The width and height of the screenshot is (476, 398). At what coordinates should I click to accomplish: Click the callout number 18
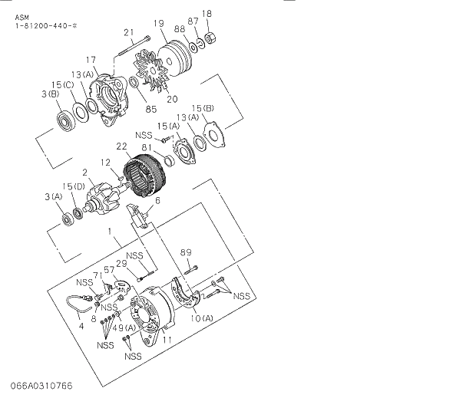(x=207, y=13)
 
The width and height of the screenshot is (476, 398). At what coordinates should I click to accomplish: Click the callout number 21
(x=129, y=32)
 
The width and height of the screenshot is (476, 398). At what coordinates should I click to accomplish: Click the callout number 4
(x=80, y=325)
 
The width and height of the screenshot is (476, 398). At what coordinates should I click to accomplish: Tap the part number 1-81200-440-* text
(x=46, y=27)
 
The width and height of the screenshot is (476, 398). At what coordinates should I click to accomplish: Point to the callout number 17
(x=91, y=60)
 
